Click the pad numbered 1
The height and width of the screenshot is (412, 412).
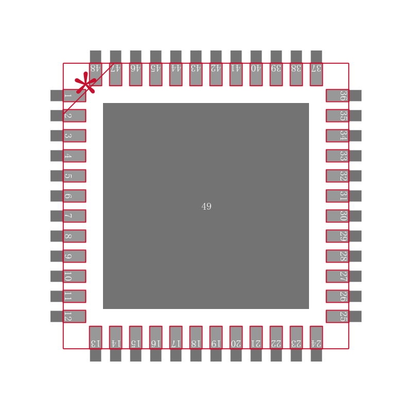(x=68, y=96)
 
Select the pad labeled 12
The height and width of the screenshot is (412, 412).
(x=68, y=316)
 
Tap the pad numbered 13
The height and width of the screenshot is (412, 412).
(x=96, y=344)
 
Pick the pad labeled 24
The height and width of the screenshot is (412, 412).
(x=316, y=344)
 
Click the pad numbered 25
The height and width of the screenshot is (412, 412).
(x=344, y=316)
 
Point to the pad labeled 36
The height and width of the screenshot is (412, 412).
(x=344, y=96)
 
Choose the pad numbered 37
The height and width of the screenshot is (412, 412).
(x=316, y=68)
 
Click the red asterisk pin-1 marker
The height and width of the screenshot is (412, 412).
(x=85, y=83)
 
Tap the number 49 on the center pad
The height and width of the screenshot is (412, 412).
(x=207, y=207)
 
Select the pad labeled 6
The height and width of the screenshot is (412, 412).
(x=68, y=196)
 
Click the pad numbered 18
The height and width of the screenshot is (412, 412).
(x=196, y=344)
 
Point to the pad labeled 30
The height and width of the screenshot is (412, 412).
(x=344, y=216)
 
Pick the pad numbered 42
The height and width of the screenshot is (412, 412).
(x=216, y=68)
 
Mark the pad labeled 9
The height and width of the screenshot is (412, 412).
(x=68, y=256)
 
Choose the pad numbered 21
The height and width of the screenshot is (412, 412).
(x=256, y=344)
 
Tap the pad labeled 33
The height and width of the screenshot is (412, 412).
(x=344, y=156)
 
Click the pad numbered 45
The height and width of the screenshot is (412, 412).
(x=156, y=68)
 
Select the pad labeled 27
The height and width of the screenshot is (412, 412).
(x=344, y=276)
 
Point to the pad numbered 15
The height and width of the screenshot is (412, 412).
(x=135, y=344)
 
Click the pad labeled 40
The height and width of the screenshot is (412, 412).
(x=256, y=68)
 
